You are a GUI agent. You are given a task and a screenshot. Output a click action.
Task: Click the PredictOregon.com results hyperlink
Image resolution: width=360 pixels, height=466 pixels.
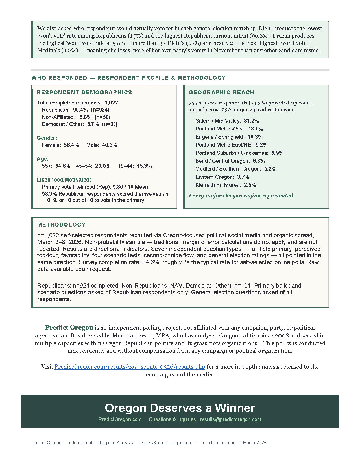(x=130, y=367)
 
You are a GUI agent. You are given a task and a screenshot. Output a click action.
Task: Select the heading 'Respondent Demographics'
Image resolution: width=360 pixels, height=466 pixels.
(x=84, y=92)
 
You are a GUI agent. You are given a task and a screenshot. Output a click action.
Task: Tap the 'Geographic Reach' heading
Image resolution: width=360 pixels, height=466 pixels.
(x=221, y=92)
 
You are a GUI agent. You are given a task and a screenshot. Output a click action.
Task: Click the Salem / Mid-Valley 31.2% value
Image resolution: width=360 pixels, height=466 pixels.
(x=251, y=121)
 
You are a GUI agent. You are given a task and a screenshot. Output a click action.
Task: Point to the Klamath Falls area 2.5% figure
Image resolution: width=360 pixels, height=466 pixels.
(x=250, y=185)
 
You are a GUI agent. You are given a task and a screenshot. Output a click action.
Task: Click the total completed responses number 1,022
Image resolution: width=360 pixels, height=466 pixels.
(x=111, y=103)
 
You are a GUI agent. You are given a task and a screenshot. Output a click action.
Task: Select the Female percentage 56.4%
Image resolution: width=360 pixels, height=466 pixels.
(x=71, y=145)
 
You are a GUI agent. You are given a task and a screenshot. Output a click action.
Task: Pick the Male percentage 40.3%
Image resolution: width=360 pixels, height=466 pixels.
(x=110, y=145)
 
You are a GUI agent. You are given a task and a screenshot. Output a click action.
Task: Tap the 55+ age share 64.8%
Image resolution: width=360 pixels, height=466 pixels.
(x=63, y=166)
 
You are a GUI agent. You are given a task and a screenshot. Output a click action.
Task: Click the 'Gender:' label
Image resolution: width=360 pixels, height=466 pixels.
(x=47, y=138)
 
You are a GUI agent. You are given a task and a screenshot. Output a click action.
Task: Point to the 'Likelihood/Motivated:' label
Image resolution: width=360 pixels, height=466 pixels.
(x=64, y=180)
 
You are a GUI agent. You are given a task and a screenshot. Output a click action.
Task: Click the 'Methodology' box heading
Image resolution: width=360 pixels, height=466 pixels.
(x=61, y=225)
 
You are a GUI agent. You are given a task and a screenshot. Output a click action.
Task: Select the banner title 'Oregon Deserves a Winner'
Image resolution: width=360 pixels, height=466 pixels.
(x=180, y=408)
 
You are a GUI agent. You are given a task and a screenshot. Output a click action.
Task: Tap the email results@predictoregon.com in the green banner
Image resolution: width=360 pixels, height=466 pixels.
(x=230, y=419)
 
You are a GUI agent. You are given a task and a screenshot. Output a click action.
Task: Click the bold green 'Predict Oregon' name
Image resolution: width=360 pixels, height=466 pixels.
(x=69, y=328)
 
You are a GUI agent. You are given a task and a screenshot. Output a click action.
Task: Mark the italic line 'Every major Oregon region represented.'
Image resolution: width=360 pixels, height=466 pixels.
(x=241, y=196)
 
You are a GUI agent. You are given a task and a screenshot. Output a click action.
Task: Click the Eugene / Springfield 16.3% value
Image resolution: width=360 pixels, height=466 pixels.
(x=255, y=137)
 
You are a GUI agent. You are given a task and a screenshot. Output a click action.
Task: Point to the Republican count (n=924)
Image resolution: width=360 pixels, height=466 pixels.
(x=100, y=110)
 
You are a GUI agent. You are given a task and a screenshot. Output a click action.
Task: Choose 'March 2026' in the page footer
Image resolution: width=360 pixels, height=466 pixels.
(x=254, y=443)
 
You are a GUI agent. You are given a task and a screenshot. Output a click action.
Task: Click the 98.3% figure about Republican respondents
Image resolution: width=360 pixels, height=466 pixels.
(x=49, y=194)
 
